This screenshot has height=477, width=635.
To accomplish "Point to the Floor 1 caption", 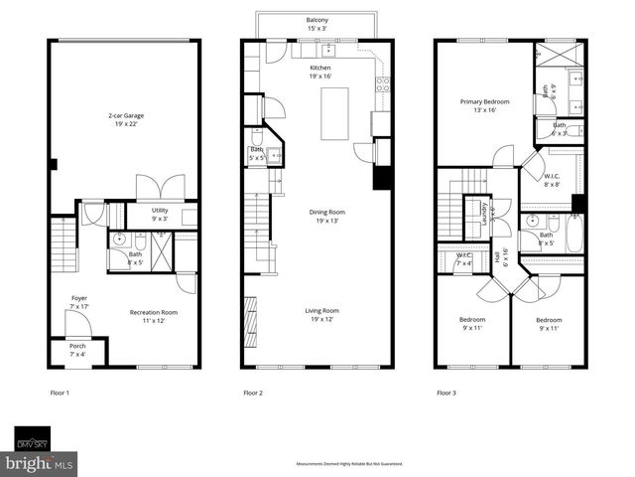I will point(60,394).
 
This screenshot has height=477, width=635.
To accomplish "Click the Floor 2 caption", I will point(253,394).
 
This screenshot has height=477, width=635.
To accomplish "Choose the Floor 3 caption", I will point(446,394).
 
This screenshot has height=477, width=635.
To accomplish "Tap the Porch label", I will point(77,350).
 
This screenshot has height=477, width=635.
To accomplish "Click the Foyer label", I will point(78,302).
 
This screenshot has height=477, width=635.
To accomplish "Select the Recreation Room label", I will point(153,316).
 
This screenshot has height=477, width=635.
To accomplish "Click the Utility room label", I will point(160,214).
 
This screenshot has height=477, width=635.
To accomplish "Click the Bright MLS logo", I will point(40,463).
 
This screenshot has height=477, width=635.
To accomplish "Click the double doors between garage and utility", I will point(159,187).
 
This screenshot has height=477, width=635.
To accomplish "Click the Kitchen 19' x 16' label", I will point(318,71).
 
